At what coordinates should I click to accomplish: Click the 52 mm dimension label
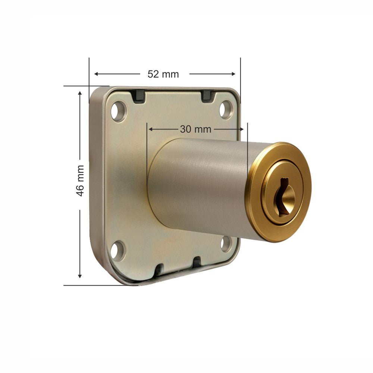tap(163, 74)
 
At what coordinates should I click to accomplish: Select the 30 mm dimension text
tap(195, 129)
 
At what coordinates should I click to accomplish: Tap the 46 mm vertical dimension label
tap(79, 181)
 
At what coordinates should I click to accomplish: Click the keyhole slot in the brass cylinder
tap(283, 196)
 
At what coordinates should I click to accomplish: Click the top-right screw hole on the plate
tap(226, 109)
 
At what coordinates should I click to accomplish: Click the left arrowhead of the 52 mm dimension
tap(96, 74)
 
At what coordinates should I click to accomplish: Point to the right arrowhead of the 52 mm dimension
tap(233, 74)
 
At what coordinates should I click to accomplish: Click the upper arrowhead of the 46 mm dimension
tap(79, 93)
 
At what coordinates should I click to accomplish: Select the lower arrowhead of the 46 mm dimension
tap(79, 276)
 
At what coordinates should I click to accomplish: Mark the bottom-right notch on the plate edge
tap(197, 263)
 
